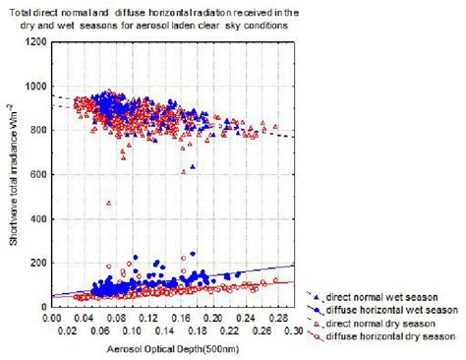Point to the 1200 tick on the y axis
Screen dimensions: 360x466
pyautogui.click(x=32, y=42)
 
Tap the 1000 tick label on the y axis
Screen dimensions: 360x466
pyautogui.click(x=32, y=87)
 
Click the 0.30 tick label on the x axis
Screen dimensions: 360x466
pyautogui.click(x=292, y=332)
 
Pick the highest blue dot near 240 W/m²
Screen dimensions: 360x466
pyautogui.click(x=193, y=254)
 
